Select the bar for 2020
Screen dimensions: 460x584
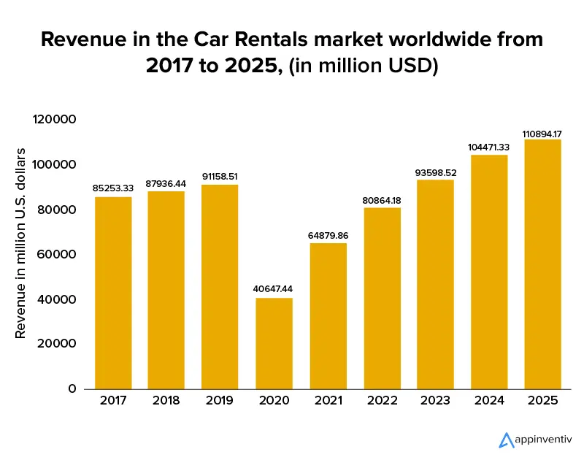click(274, 343)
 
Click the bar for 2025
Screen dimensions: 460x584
click(542, 264)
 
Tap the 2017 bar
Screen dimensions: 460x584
click(112, 293)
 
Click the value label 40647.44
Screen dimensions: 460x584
click(274, 289)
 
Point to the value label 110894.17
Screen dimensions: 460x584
click(542, 134)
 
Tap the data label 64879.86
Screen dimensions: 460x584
click(327, 235)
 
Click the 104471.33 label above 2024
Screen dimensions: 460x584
click(488, 147)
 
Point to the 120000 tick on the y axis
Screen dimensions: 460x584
click(55, 119)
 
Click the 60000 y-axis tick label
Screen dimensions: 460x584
click(59, 254)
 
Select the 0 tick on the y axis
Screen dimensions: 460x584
click(72, 388)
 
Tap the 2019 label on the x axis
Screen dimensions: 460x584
click(220, 401)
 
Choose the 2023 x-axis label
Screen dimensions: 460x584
click(435, 401)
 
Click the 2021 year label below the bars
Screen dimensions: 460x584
click(327, 401)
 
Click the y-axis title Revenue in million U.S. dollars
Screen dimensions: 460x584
click(21, 242)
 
